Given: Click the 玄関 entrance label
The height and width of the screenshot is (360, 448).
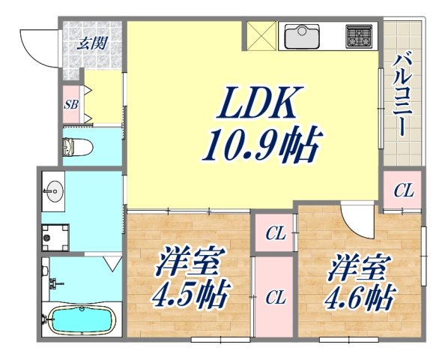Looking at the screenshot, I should pyautogui.click(x=88, y=43).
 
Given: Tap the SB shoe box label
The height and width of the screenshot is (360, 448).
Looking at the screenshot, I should pyautogui.click(x=71, y=104).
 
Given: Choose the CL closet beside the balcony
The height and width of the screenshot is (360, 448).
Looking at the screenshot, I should pyautogui.click(x=403, y=191).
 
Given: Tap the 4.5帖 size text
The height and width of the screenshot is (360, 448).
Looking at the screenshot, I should pyautogui.click(x=192, y=296).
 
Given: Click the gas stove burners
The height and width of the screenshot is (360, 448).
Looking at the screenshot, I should pyautogui.click(x=358, y=35).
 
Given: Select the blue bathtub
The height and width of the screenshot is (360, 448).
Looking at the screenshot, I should pyautogui.click(x=79, y=321).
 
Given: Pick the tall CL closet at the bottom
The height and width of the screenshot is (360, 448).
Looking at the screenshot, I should pyautogui.click(x=274, y=297).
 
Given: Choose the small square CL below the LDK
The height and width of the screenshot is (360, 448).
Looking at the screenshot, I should pyautogui.click(x=274, y=235).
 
